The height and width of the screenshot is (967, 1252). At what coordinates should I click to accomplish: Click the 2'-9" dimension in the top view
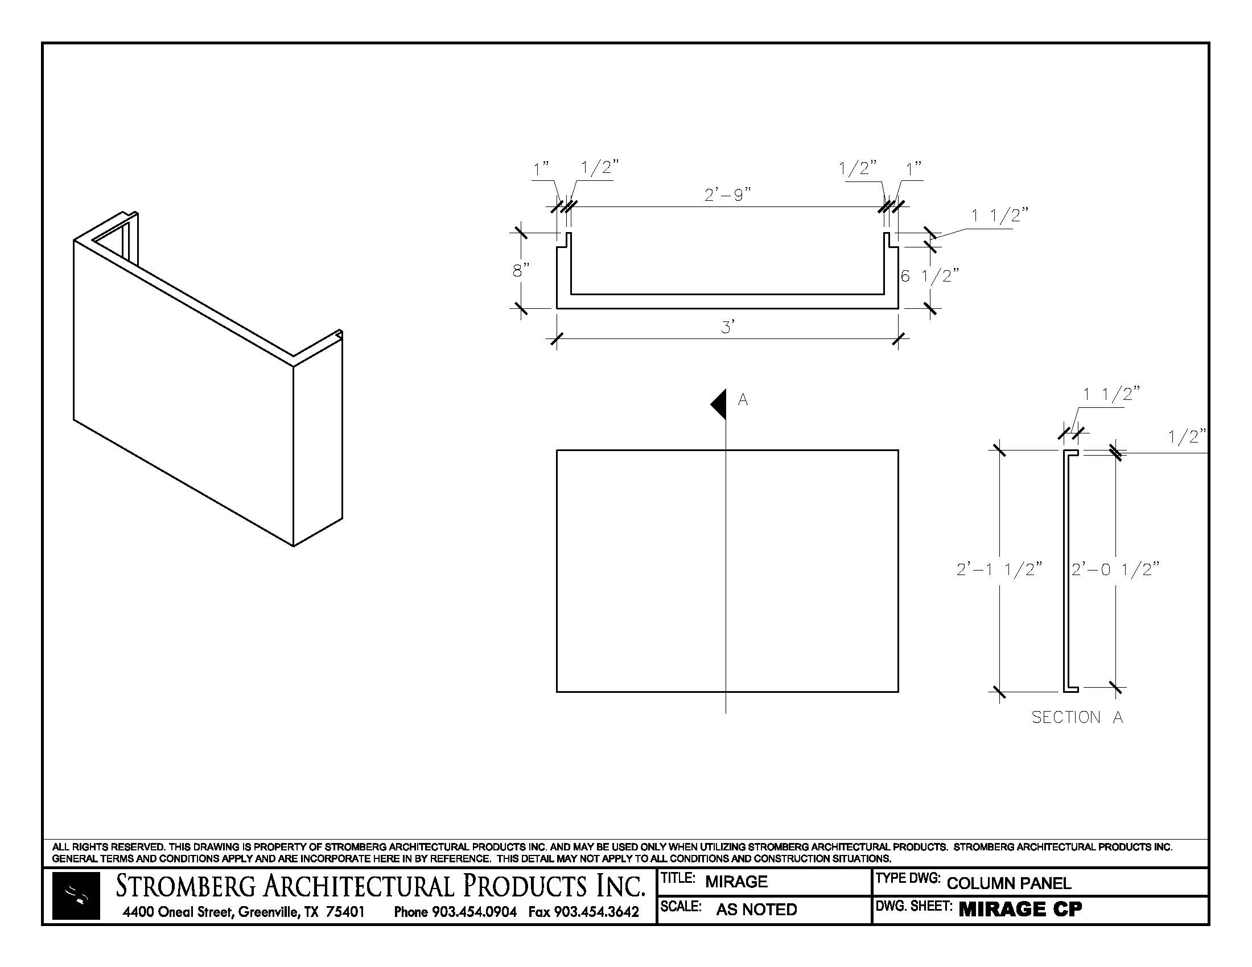click(727, 195)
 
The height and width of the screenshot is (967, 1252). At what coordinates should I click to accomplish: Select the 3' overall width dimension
click(727, 328)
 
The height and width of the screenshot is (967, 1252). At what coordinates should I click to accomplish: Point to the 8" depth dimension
click(521, 270)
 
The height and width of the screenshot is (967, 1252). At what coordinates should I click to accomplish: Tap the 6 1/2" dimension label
click(929, 276)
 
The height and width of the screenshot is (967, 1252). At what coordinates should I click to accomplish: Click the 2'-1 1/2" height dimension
click(999, 569)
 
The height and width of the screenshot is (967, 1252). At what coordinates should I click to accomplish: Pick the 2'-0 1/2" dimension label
click(1115, 569)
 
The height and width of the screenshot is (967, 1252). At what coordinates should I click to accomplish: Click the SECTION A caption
click(1077, 717)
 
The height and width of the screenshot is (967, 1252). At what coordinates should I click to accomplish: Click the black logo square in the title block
click(76, 896)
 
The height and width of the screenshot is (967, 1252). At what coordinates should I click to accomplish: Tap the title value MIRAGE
click(736, 882)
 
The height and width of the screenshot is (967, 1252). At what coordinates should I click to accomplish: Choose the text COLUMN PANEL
click(1008, 883)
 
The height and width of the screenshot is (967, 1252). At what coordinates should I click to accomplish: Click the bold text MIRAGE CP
click(1020, 909)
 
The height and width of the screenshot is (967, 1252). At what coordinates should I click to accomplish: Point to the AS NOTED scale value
click(756, 909)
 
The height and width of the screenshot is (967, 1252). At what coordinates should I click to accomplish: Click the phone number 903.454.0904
click(474, 911)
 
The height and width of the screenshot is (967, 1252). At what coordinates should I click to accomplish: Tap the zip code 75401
click(345, 911)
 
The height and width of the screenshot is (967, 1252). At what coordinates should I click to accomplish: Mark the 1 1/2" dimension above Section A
click(1110, 394)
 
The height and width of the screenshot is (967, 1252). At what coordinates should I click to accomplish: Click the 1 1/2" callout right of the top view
click(999, 216)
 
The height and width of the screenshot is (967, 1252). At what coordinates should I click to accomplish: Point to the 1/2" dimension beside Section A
click(1187, 437)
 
